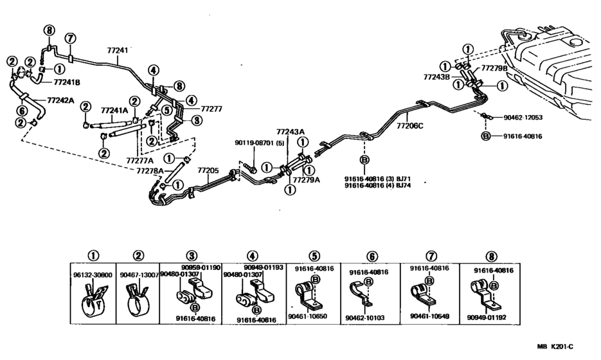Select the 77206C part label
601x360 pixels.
[x=409, y=126]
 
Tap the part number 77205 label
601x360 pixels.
[x=208, y=171]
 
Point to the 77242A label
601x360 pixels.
[x=60, y=100]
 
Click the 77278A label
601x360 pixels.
[x=149, y=171]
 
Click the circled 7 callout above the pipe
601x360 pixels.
[x=70, y=39]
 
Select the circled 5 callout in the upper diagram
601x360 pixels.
[x=166, y=110]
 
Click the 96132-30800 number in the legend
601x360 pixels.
[x=93, y=274]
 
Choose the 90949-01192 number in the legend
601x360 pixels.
[x=486, y=317]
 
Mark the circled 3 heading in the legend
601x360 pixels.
[x=192, y=256]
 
